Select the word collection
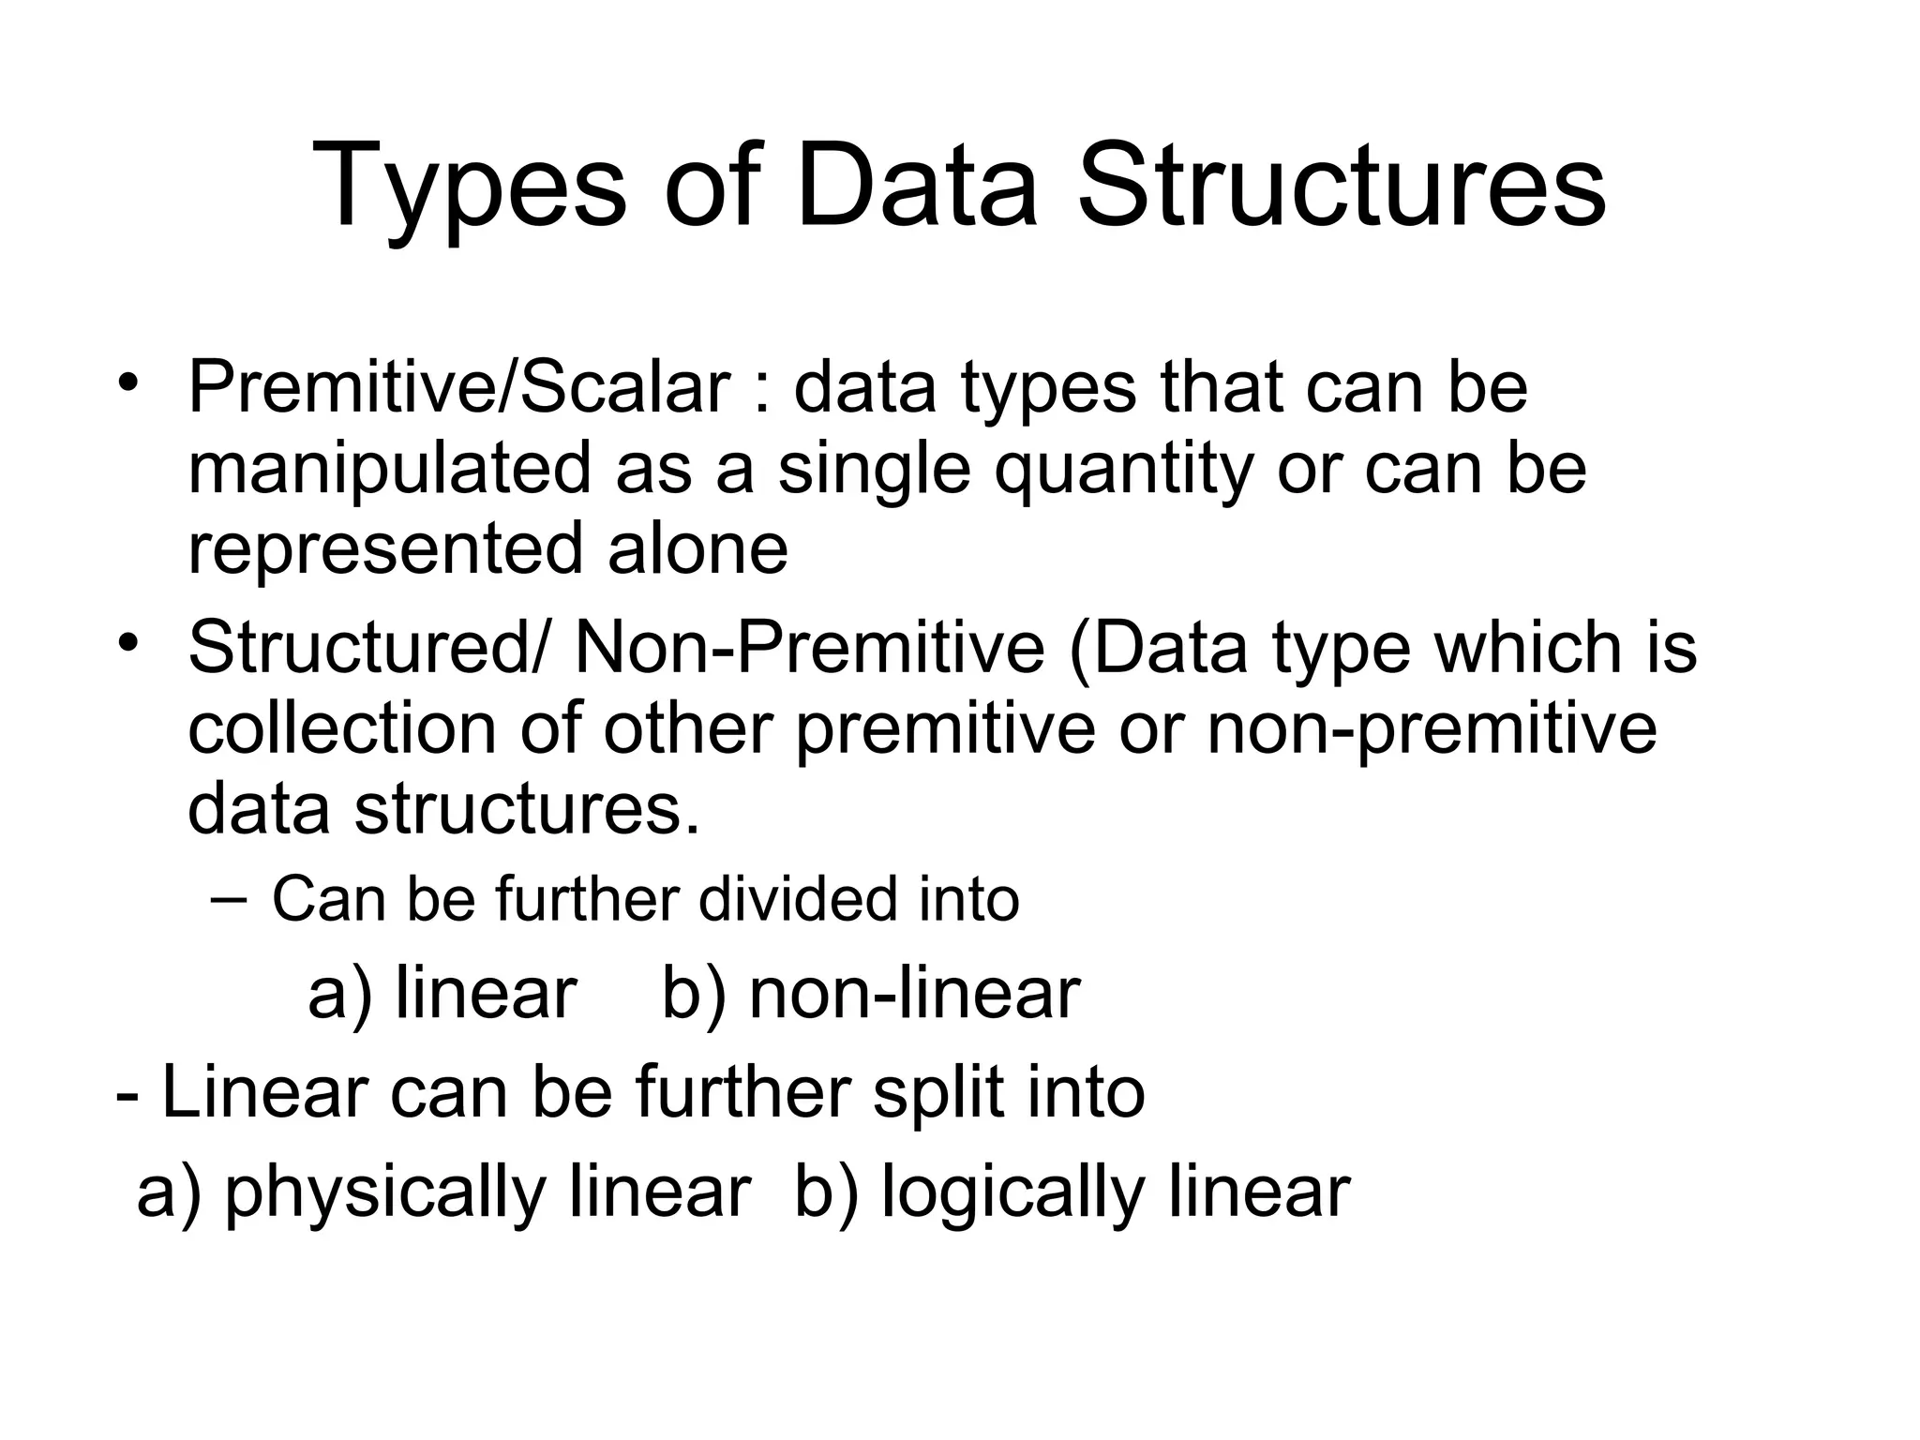click(x=341, y=728)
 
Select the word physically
click(x=384, y=1192)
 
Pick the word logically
click(x=1012, y=1192)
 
